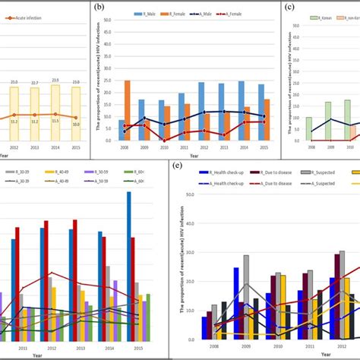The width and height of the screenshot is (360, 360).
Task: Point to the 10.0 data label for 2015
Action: (x=75, y=124)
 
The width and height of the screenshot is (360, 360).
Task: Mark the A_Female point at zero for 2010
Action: (x=164, y=141)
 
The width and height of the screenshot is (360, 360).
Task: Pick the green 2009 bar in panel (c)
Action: (x=327, y=122)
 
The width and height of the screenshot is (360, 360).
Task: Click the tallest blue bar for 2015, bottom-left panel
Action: (x=129, y=258)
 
